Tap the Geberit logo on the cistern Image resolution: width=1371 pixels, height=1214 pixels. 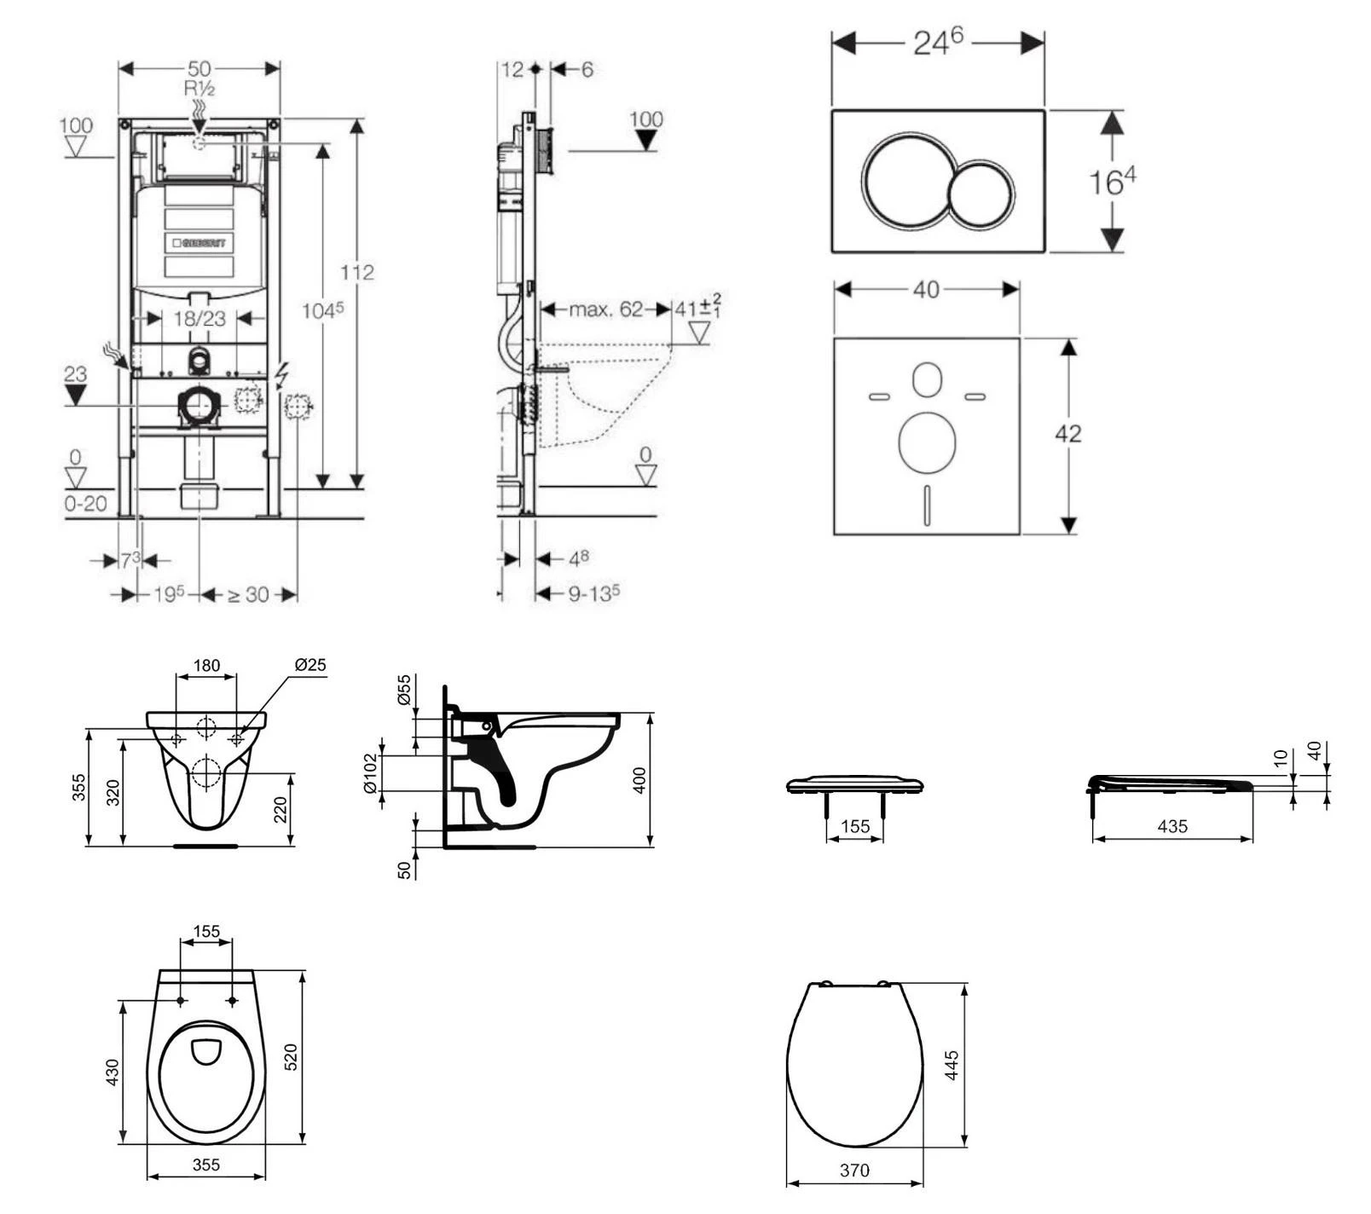(199, 243)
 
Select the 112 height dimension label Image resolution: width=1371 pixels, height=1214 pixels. (357, 272)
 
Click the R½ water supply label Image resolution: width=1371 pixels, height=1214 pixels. (199, 88)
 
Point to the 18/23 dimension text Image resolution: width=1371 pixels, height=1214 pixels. (199, 319)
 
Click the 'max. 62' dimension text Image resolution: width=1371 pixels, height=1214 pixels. (605, 309)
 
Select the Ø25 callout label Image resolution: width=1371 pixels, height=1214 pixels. (310, 664)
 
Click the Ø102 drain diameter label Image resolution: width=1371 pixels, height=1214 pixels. (371, 773)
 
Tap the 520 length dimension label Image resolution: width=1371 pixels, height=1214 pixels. (291, 1057)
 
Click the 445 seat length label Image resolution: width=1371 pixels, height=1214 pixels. (952, 1066)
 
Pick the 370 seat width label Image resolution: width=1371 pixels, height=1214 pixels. (854, 1171)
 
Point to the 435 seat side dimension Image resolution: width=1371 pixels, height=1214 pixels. (1172, 826)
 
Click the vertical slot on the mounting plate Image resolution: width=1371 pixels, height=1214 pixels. (926, 505)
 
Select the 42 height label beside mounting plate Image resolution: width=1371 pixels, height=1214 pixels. (1067, 434)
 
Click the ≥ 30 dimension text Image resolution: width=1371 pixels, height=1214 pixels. (248, 595)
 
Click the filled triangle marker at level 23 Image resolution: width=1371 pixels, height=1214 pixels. (76, 395)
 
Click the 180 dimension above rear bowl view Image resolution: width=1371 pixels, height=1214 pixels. (206, 665)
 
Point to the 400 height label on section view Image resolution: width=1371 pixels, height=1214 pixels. (640, 780)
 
